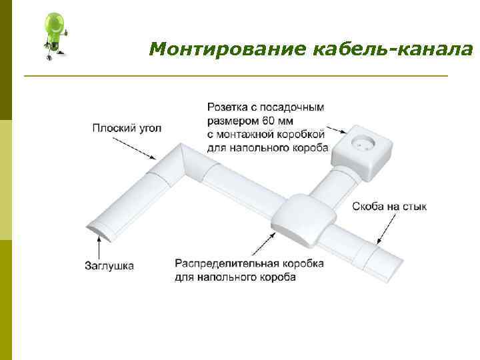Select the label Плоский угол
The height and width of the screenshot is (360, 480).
point(127,128)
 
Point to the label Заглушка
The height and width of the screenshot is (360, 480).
point(109,265)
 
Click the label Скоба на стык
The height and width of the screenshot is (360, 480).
point(389,207)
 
